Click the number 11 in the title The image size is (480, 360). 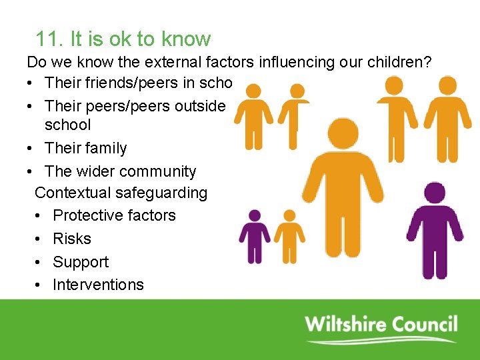click(48, 39)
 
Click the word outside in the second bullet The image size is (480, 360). click(200, 105)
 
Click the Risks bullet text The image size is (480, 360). click(71, 239)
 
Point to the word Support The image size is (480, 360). click(80, 262)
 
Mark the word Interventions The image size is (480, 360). click(98, 285)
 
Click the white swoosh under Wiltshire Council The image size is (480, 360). click(380, 341)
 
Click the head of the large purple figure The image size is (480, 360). click(435, 193)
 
